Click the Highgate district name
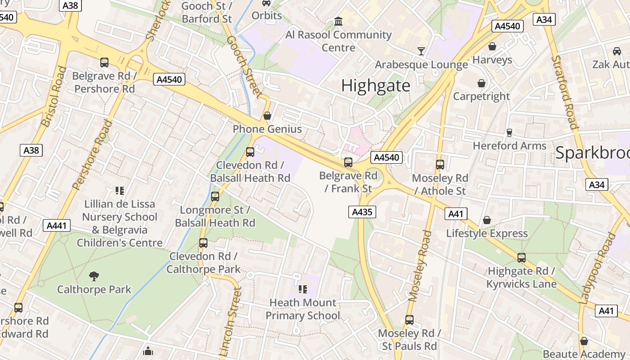coord(376,85)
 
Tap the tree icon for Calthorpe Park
coord(94,276)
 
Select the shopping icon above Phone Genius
coord(267,116)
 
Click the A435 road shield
coord(362,212)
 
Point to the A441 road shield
coord(57,225)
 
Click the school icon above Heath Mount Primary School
coord(302,289)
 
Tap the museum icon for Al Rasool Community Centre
coord(338,21)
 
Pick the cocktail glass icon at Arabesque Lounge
coord(421,51)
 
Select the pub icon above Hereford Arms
coord(509,132)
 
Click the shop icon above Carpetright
coord(481,83)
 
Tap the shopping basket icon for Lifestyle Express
coord(487,220)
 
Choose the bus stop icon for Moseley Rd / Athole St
coord(440,165)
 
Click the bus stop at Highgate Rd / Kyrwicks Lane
coord(522,258)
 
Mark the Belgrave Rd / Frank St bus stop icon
coord(348,162)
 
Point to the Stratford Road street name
coord(565,92)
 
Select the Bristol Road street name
coord(54,97)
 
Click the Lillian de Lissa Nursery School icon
coord(119,191)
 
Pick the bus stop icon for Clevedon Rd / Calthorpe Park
coord(203,243)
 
